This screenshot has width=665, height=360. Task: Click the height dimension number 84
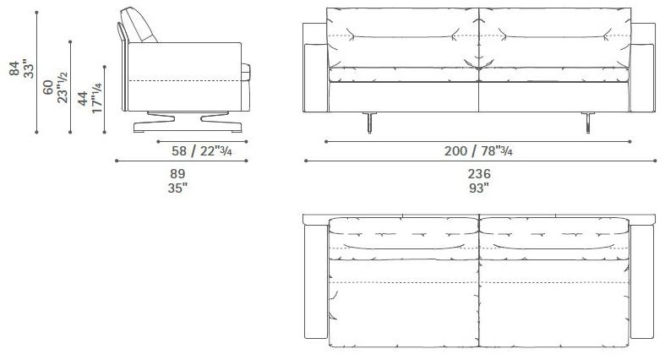pos(15,68)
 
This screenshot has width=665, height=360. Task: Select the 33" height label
pos(29,70)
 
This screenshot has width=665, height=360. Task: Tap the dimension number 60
pos(48,87)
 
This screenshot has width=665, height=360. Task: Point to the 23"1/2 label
pos(63,87)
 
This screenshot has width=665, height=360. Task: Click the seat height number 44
pos(83,98)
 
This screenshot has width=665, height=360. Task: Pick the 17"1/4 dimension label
pos(96,98)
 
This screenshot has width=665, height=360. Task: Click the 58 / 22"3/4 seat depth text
pos(202,150)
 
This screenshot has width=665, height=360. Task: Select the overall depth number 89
pos(177,173)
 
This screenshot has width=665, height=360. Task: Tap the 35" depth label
pos(177,188)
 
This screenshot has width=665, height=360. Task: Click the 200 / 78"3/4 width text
pos(478,150)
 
